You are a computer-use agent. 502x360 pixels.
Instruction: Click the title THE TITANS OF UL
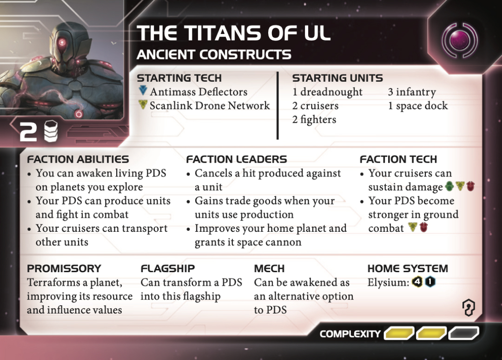pyautogui.click(x=234, y=33)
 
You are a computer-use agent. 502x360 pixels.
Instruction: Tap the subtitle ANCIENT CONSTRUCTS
pyautogui.click(x=214, y=55)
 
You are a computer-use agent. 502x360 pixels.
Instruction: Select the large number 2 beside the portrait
pyautogui.click(x=28, y=133)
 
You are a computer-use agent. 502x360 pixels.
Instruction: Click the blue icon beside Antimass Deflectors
pyautogui.click(x=143, y=91)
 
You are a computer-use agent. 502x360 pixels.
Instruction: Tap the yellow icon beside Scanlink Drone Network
pyautogui.click(x=143, y=105)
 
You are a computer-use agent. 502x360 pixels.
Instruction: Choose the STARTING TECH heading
pyautogui.click(x=179, y=78)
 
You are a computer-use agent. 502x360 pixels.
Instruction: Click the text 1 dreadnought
pyautogui.click(x=327, y=92)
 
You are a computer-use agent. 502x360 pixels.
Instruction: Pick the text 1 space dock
pyautogui.click(x=418, y=106)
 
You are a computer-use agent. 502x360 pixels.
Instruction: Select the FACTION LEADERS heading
pyautogui.click(x=237, y=159)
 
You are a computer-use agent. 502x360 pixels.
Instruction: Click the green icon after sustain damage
pyautogui.click(x=449, y=187)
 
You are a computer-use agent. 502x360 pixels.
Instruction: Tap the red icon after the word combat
pyautogui.click(x=423, y=228)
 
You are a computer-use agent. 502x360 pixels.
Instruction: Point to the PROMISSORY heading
pyautogui.click(x=64, y=268)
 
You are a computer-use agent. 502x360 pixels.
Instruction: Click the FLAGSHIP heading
pyautogui.click(x=167, y=268)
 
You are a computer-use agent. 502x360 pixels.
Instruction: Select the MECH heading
pyautogui.click(x=269, y=268)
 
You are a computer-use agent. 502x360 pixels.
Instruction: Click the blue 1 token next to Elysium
pyautogui.click(x=430, y=282)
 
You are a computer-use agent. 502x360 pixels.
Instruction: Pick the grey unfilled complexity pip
pyautogui.click(x=463, y=333)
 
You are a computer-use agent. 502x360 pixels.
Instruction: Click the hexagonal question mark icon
pyautogui.click(x=469, y=308)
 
